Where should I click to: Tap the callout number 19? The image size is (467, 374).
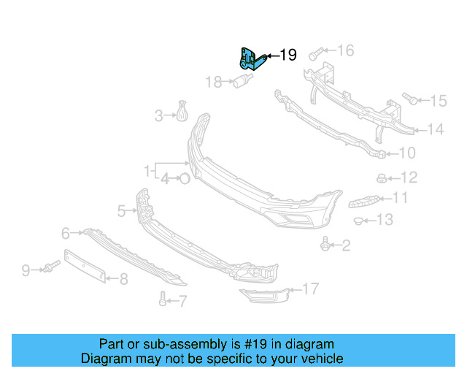[288, 55]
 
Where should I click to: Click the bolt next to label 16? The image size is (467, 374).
[315, 54]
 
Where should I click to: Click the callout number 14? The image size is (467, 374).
[435, 130]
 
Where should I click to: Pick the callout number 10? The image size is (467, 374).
[407, 153]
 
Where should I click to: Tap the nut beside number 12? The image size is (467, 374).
[382, 178]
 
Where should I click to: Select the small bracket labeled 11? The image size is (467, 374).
[366, 200]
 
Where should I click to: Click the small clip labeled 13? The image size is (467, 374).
[359, 221]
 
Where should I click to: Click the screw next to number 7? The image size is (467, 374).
[162, 298]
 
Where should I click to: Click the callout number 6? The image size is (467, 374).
[66, 234]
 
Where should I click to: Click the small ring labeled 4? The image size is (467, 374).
[184, 178]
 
